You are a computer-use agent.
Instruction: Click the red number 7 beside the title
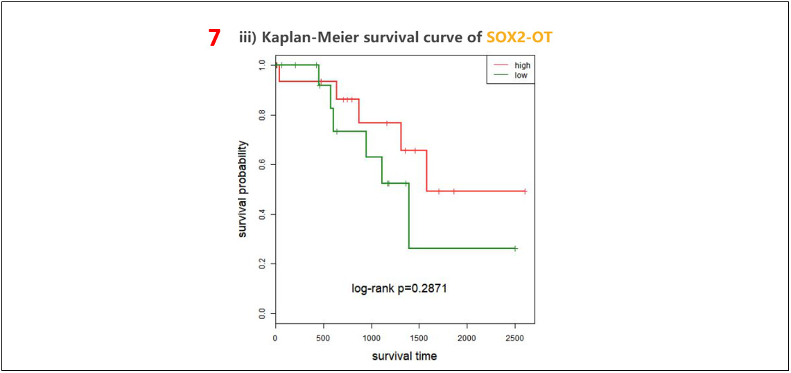click(214, 38)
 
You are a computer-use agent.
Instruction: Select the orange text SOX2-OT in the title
click(519, 37)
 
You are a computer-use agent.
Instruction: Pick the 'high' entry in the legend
click(522, 66)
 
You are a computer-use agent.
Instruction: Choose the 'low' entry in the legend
click(521, 75)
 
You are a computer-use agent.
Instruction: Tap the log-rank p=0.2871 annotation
click(399, 288)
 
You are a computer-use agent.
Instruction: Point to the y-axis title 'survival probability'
click(243, 189)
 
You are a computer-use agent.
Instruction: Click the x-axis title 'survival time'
click(405, 356)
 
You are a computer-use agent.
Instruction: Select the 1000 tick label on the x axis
click(372, 338)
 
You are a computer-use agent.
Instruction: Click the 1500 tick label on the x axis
click(419, 338)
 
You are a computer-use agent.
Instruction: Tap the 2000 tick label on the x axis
click(467, 338)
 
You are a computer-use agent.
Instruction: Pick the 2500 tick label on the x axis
click(515, 338)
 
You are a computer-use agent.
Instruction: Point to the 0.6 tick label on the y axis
click(261, 164)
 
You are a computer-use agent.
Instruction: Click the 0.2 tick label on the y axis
click(261, 264)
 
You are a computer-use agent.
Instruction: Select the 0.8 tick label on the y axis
click(261, 114)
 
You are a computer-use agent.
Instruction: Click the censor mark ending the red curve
click(525, 191)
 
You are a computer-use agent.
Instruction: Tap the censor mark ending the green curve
click(515, 248)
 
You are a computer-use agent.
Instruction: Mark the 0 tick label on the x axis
click(276, 338)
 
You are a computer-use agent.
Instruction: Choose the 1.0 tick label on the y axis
click(261, 64)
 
